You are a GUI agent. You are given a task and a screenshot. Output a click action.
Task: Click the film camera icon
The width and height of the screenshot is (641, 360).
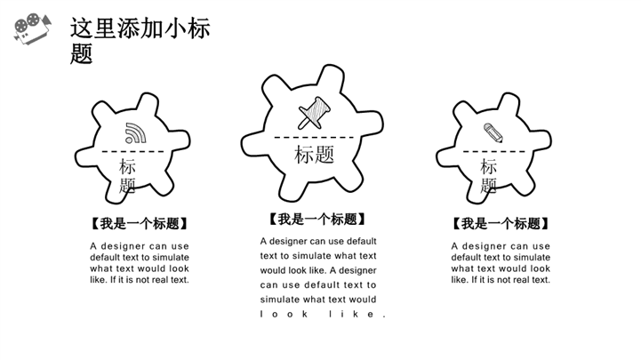pyautogui.click(x=32, y=28)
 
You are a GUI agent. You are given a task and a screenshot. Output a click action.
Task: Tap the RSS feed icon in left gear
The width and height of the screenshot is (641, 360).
pyautogui.click(x=135, y=133)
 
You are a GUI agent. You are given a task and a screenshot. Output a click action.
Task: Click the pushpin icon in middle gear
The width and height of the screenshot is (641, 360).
pyautogui.click(x=314, y=113)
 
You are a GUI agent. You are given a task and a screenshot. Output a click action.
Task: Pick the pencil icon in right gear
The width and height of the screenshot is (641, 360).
pyautogui.click(x=493, y=132)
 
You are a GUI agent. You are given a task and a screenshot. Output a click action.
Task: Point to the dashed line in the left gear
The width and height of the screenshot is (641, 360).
pyautogui.click(x=132, y=152)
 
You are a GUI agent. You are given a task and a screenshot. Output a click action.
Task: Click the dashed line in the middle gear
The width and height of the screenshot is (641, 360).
pyautogui.click(x=314, y=137)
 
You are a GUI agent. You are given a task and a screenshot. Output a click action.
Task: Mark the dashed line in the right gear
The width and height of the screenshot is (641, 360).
pyautogui.click(x=493, y=152)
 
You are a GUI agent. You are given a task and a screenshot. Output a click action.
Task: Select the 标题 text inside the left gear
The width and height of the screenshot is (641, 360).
pyautogui.click(x=127, y=176)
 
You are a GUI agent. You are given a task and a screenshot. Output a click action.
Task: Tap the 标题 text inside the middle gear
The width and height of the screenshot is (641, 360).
pyautogui.click(x=314, y=155)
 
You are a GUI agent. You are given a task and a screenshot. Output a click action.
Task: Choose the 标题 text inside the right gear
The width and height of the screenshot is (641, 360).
pyautogui.click(x=488, y=176)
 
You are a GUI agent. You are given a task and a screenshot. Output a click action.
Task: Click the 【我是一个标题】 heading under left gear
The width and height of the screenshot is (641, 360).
pyautogui.click(x=140, y=223)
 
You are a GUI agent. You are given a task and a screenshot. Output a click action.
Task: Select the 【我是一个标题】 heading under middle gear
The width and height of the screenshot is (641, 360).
pyautogui.click(x=316, y=220)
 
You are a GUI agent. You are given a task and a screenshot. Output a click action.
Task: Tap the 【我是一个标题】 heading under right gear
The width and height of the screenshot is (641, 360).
pyautogui.click(x=501, y=223)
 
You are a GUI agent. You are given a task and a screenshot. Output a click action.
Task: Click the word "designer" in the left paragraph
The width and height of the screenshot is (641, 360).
pyautogui.click(x=123, y=246)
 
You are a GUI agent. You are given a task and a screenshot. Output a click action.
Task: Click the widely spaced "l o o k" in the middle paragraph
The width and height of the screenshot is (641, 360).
pyautogui.click(x=284, y=315)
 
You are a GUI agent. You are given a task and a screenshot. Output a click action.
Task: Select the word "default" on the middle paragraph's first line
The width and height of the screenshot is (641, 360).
pyautogui.click(x=361, y=241)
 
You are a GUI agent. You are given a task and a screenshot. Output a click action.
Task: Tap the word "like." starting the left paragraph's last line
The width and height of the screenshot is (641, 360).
pyautogui.click(x=99, y=280)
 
